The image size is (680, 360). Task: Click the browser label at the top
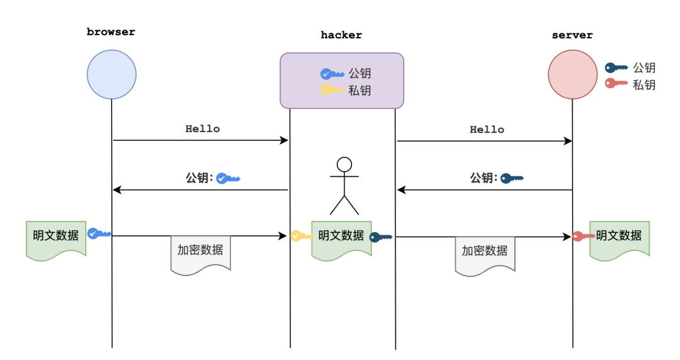(111, 32)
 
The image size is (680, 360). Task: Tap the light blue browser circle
(111, 74)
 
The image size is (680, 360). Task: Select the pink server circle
(572, 74)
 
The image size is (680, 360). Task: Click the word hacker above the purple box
(341, 35)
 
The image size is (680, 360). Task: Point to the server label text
(572, 35)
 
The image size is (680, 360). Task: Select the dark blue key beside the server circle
(616, 67)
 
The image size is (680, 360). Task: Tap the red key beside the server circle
(616, 83)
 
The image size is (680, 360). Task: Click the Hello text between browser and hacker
(203, 129)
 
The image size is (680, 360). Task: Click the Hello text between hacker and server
(487, 130)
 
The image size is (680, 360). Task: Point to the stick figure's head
(344, 165)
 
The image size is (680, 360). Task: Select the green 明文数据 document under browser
(56, 238)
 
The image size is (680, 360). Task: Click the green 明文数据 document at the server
(619, 238)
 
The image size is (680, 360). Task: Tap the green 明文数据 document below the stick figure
(341, 238)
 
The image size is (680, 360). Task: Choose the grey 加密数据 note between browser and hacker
(200, 252)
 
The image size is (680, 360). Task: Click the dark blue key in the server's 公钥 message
(512, 179)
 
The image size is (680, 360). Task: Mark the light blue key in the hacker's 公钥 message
(228, 179)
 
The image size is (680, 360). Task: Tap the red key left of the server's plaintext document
(582, 236)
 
